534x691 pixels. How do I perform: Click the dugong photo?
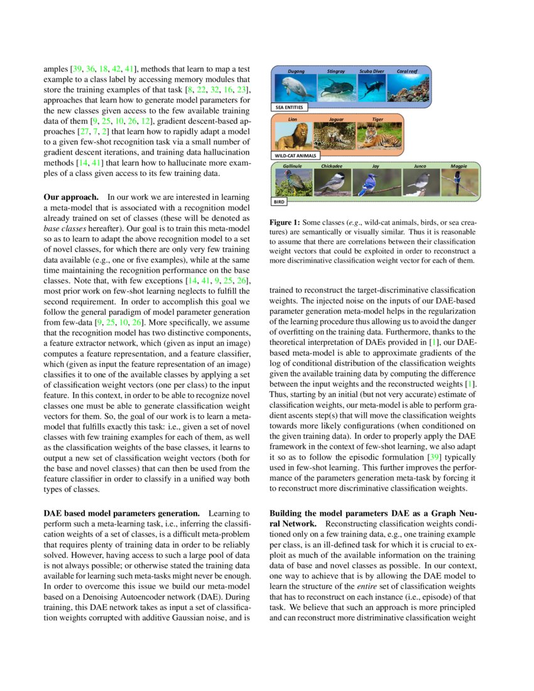(292, 89)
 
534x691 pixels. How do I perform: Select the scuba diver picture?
(371, 89)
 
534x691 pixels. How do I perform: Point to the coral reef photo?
(408, 89)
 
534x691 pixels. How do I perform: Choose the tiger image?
(377, 136)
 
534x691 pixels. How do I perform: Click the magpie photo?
(458, 183)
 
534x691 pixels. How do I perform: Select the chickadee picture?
(331, 183)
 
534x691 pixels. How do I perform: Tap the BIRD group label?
(280, 203)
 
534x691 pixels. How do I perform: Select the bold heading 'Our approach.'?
(70, 197)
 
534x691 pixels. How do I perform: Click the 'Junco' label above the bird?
(420, 166)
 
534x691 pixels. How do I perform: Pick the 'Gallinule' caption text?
(293, 166)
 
